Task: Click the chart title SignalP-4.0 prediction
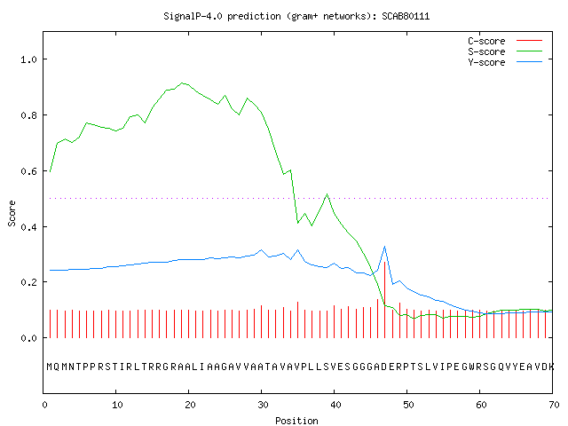pos(222,16)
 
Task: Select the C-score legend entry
pos(505,41)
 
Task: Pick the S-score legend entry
pos(505,51)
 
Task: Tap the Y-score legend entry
pos(505,62)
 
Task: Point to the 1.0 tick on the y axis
pos(29,59)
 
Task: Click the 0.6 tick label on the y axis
pos(29,171)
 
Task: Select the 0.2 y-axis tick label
pos(29,282)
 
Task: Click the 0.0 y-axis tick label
pos(29,338)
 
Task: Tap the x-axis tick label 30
pos(263,405)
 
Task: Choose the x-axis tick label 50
pos(408,405)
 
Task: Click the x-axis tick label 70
pos(554,405)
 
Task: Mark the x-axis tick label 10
pos(116,405)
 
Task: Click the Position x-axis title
pos(296,421)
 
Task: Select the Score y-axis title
pos(12,213)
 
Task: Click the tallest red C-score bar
pos(384,300)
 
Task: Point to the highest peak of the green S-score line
pos(182,83)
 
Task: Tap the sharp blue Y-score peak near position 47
pos(384,247)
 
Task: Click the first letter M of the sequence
pos(50,367)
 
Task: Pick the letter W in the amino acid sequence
pos(472,367)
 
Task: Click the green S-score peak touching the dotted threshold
pos(327,194)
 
